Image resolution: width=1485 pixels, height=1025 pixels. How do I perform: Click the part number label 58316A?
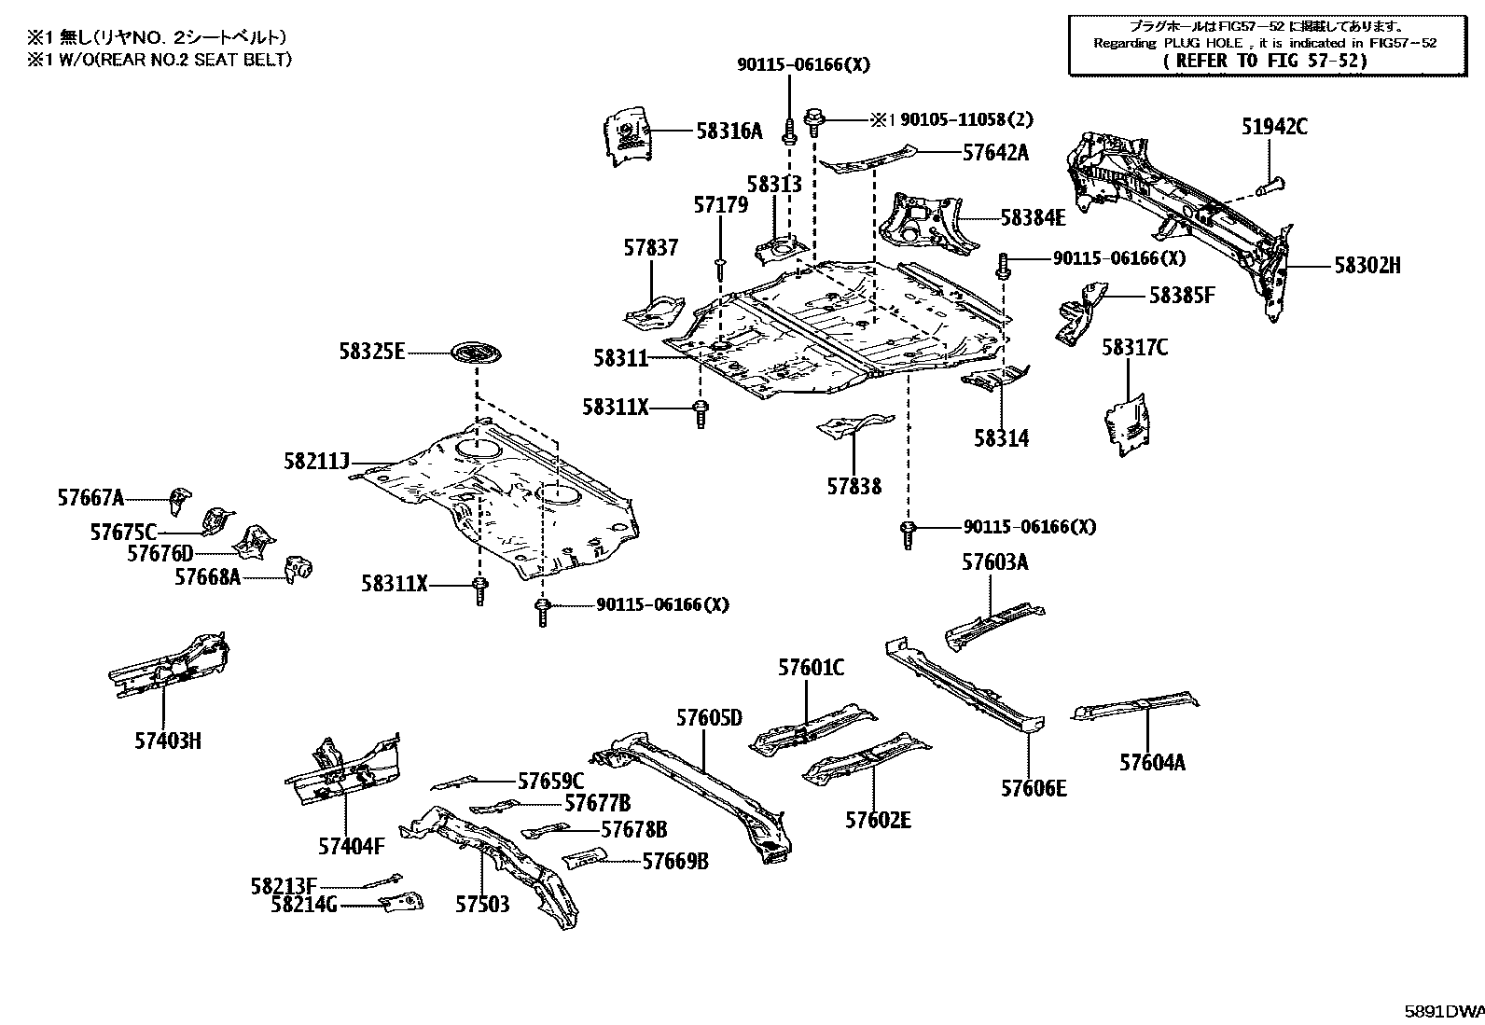coord(729,132)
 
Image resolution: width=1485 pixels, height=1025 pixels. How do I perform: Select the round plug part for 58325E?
coord(476,354)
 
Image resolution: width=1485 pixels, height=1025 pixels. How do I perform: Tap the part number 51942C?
coord(1274,126)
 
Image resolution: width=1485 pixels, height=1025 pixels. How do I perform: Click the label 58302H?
coord(1367,266)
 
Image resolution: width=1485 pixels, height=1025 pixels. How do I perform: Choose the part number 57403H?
coord(167,741)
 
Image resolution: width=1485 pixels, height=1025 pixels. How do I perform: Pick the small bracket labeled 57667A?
coord(178,499)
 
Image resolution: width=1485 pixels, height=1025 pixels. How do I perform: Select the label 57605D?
coord(709,717)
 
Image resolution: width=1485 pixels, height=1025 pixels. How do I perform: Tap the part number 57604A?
coord(1153,762)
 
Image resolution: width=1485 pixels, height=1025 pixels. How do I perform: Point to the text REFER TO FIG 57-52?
coord(1266,61)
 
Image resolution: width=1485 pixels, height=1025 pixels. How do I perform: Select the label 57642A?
coord(995,152)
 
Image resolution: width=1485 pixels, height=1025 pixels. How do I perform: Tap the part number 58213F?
coord(284,885)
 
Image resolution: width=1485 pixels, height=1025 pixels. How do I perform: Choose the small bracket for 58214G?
coord(401,903)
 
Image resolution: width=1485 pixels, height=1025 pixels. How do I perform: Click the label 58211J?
coord(317,462)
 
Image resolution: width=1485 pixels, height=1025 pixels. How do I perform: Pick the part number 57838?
coord(854,486)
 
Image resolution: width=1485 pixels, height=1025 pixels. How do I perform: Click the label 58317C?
coord(1134,348)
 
